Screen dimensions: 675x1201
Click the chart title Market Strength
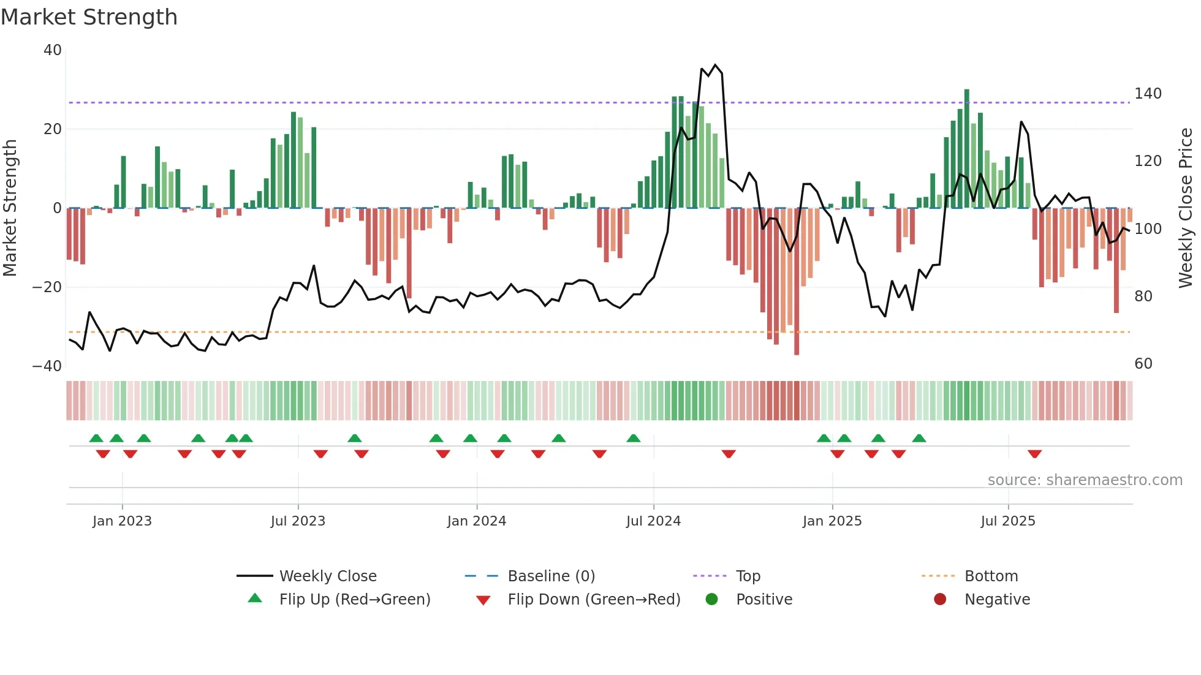click(89, 17)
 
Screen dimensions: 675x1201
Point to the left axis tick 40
click(53, 50)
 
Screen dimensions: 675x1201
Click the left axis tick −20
click(48, 287)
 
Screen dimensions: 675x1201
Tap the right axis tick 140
click(1148, 94)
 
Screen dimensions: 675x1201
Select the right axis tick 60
click(1143, 364)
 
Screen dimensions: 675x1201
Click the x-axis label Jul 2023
click(298, 521)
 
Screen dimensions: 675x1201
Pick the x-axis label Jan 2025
click(832, 521)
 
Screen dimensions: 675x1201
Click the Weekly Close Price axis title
click(1186, 208)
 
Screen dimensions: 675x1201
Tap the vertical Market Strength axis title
click(10, 208)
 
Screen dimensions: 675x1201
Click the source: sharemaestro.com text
click(1085, 480)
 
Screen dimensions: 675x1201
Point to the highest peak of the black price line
click(715, 65)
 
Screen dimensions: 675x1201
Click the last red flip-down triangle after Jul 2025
click(1035, 454)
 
